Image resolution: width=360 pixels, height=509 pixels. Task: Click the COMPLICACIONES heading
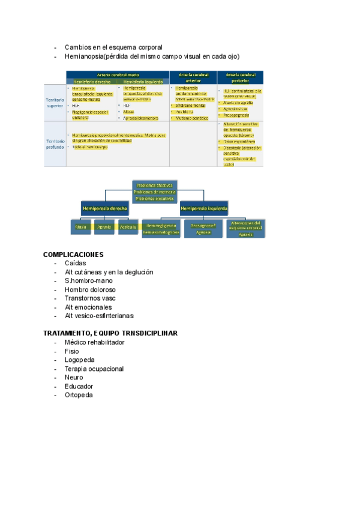[x=73, y=254]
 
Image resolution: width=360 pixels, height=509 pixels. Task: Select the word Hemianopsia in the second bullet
[x=85, y=56]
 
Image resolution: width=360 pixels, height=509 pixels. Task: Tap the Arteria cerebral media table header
[x=116, y=74]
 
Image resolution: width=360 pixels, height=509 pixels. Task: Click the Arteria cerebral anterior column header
[x=194, y=76]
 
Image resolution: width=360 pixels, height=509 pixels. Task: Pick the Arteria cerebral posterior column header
[x=239, y=76]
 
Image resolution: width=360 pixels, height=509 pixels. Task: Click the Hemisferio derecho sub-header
[x=92, y=81]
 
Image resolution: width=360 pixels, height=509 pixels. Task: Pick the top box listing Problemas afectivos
[x=154, y=191]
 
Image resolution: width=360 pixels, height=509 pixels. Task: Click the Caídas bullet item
[x=75, y=263]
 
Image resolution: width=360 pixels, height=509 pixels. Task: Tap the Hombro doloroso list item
[x=90, y=289]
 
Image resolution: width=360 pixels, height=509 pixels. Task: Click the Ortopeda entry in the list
[x=79, y=395]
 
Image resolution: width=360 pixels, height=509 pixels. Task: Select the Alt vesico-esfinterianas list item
[x=99, y=316]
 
